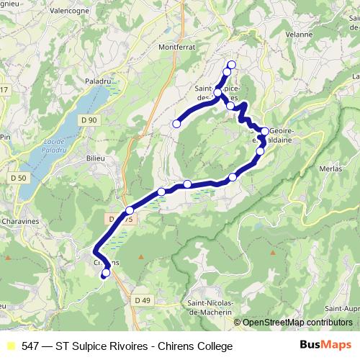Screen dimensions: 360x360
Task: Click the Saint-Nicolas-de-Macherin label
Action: pos(209,307)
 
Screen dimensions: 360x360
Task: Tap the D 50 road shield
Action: pos(19,177)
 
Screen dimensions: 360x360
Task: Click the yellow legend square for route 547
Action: pos(9,346)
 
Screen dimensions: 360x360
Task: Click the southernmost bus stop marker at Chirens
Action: pos(107,273)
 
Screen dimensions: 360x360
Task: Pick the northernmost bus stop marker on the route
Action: pos(231,66)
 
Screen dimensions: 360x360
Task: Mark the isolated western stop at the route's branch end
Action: pos(176,124)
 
